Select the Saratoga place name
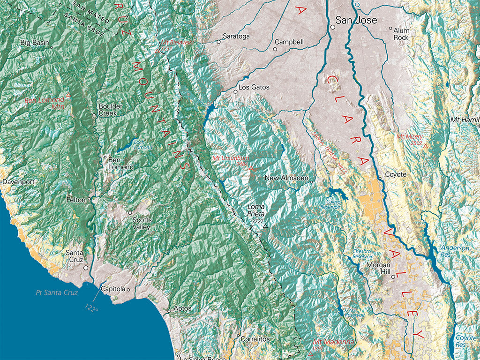point(236,36)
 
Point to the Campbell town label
point(289,42)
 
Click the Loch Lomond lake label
point(143,144)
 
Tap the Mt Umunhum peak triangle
point(251,168)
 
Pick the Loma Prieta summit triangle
point(265,226)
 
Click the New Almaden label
point(286,178)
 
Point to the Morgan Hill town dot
point(393,276)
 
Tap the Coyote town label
point(396,174)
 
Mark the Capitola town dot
point(128,289)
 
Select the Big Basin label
point(34,43)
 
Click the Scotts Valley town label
point(142,223)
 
